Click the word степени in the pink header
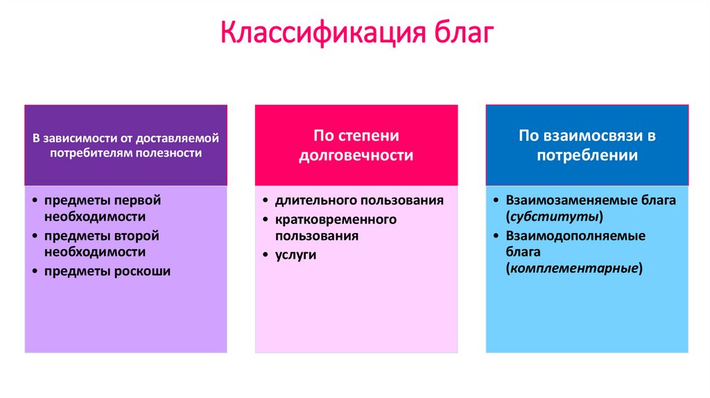click(x=375, y=136)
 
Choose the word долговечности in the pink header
click(x=356, y=155)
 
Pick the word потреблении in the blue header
click(x=587, y=155)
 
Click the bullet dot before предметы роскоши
click(x=35, y=272)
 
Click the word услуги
click(x=295, y=254)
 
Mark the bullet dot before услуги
click(x=266, y=255)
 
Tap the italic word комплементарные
click(x=574, y=268)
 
